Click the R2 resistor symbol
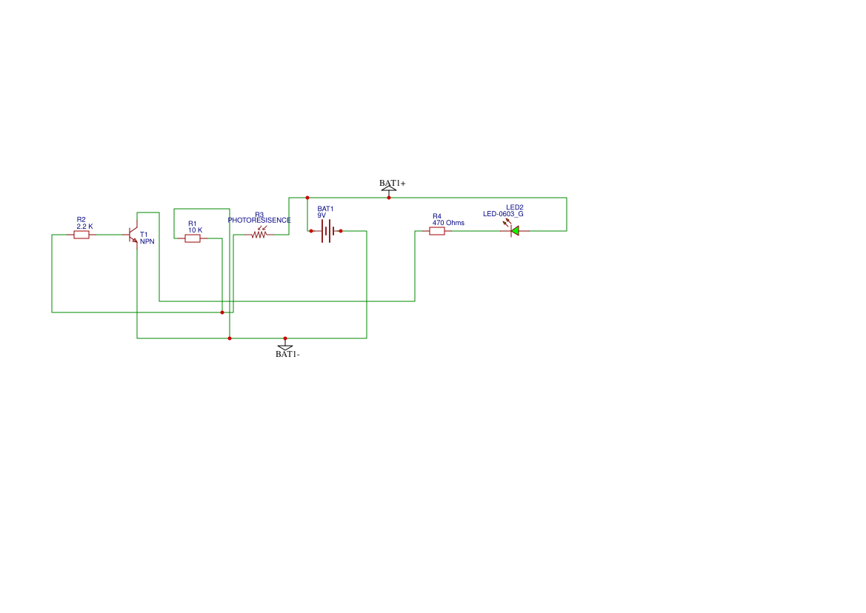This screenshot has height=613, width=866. (x=81, y=235)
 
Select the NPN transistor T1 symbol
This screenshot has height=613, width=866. (x=133, y=235)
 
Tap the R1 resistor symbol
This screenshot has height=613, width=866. (x=193, y=238)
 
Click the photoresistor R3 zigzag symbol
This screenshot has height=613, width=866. (x=259, y=235)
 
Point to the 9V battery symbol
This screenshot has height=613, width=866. (x=326, y=231)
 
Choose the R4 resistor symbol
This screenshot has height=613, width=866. (x=437, y=231)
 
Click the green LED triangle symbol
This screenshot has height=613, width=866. (x=515, y=231)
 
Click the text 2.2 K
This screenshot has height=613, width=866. (x=84, y=227)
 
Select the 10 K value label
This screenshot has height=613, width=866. (x=195, y=230)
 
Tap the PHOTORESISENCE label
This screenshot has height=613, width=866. (x=259, y=221)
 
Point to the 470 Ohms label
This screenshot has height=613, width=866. (x=448, y=223)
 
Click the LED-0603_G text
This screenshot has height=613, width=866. (x=503, y=214)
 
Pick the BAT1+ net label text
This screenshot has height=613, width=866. (x=392, y=183)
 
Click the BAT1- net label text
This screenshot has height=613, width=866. (x=287, y=354)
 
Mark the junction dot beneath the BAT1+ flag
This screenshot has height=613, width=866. (x=389, y=198)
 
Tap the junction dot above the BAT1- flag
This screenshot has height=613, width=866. (x=285, y=338)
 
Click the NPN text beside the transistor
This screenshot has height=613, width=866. (x=147, y=242)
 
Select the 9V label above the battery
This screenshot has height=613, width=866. (x=322, y=215)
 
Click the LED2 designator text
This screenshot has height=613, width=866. (x=515, y=207)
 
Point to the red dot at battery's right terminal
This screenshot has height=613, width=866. (x=341, y=231)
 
